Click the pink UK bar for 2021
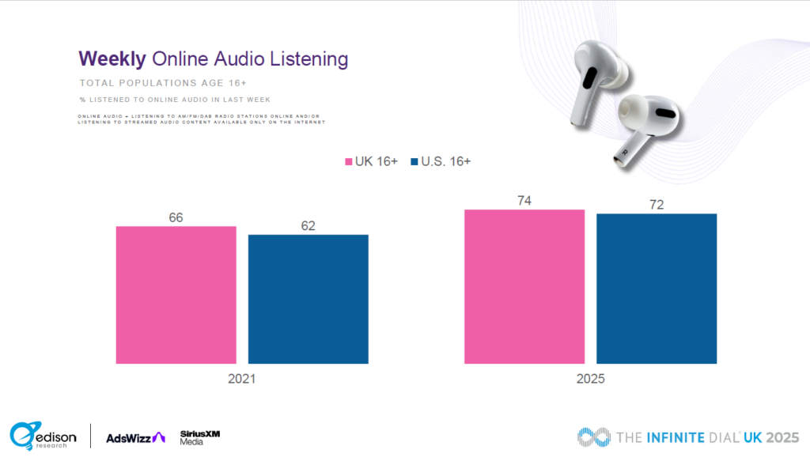[x=176, y=295]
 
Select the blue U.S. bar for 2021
[x=308, y=299]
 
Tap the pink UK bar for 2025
[x=524, y=286]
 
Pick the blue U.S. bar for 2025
[x=656, y=289]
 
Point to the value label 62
[x=308, y=225]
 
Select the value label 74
[x=524, y=200]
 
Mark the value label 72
[x=656, y=204]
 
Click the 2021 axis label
[x=241, y=379]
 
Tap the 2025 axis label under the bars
[x=590, y=379]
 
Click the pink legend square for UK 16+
[x=346, y=162]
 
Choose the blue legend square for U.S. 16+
[x=414, y=162]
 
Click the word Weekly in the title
[x=112, y=59]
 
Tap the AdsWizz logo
[x=135, y=437]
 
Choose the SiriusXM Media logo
[x=194, y=437]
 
